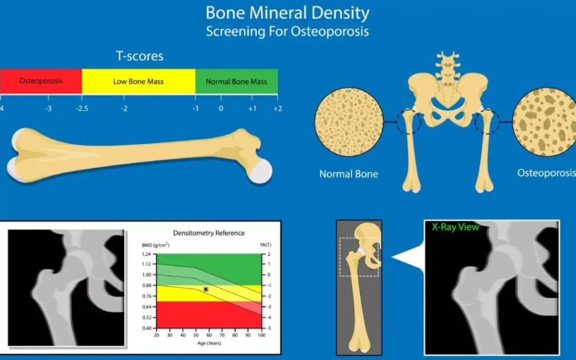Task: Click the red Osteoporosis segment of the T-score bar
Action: coord(41,81)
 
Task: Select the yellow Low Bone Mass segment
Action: coord(138,82)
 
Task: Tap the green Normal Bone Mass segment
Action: coord(236,82)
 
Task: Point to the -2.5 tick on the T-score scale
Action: coord(82,108)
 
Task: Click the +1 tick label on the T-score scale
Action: coord(253,108)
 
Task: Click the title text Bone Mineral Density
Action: coord(287,12)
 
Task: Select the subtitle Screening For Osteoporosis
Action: coord(287,31)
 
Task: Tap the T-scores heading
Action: coord(139,56)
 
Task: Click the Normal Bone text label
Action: coord(349,174)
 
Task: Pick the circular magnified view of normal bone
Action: coord(349,121)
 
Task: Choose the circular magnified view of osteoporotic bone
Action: coord(544,121)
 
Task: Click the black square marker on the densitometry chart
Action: coord(206,289)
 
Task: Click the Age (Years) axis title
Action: coord(209,343)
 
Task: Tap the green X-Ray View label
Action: coord(455,227)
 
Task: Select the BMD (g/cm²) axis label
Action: coord(156,245)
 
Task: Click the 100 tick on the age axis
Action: coord(261,335)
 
